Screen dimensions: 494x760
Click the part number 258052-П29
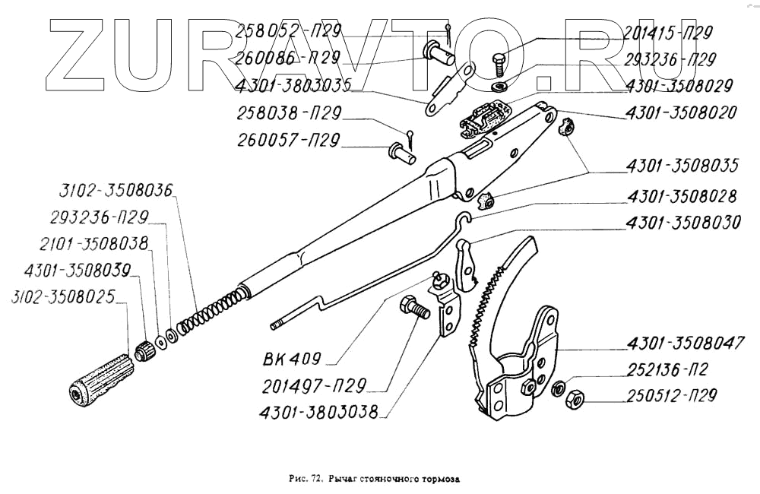point(288,31)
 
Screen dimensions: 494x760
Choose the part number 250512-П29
point(673,395)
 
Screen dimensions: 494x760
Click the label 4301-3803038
point(324,415)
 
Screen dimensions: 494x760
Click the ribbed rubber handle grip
point(97,378)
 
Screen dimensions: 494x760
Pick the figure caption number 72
point(316,480)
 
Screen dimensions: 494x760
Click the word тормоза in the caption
point(442,480)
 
